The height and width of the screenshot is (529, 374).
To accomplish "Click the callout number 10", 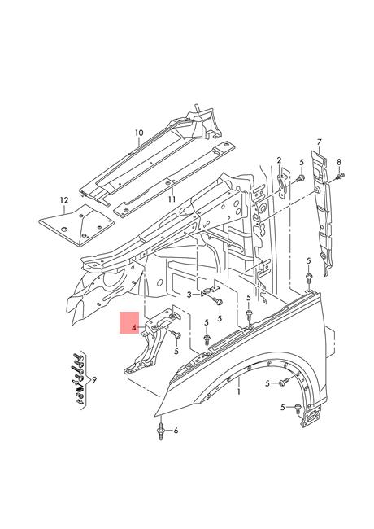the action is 139,133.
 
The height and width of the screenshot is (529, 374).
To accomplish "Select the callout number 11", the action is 172,199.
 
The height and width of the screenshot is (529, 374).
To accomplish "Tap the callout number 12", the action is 64,200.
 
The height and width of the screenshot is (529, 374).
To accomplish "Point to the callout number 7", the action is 319,142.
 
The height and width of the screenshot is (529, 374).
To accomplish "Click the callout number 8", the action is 339,162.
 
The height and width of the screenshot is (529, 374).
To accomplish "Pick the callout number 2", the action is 279,160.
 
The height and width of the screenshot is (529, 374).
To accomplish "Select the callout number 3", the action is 189,295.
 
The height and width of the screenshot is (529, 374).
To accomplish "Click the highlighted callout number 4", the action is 134,327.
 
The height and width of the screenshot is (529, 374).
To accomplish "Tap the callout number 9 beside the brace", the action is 94,380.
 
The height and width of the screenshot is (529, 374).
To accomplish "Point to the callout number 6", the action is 176,431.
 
